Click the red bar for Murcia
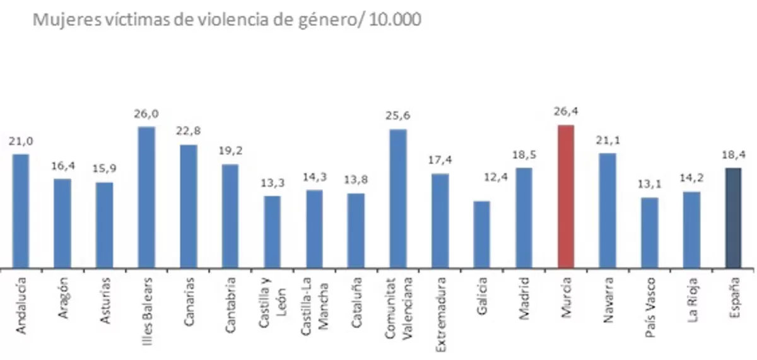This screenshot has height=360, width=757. tap(566, 196)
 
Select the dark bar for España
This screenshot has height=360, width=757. tap(733, 218)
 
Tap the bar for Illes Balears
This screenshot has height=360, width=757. tap(146, 197)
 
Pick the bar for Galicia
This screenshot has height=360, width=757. tap(482, 234)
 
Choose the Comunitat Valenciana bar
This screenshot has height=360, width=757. tap(398, 198)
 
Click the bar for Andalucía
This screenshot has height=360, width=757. tap(20, 211)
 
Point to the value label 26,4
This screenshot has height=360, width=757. tap(566, 112)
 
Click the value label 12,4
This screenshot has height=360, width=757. tap(482, 188)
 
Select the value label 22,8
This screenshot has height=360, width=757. tap(188, 131)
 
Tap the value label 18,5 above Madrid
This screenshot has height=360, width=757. tap(524, 154)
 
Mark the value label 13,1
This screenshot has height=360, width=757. tap(650, 185)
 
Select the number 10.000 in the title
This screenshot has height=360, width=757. tap(394, 20)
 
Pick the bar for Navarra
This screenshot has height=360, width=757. tap(607, 210)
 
